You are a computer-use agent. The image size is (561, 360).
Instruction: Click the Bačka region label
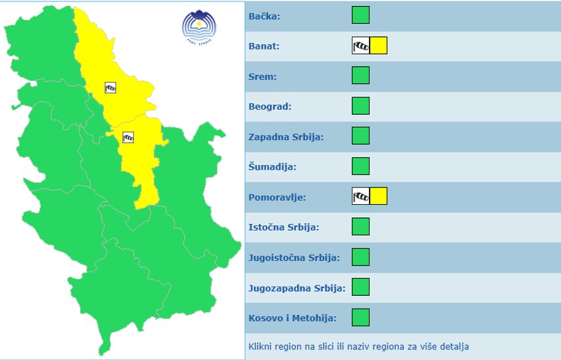pos(264,16)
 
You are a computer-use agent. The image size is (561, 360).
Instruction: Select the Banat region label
pos(264,46)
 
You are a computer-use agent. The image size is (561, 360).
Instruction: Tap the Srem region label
pos(263,77)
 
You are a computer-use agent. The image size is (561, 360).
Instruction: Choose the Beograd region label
pos(270,106)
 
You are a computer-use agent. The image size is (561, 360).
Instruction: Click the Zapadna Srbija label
pos(286,137)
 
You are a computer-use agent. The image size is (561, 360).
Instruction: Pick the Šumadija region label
pos(272,167)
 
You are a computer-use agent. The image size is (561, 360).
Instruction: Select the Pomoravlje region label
pos(277,198)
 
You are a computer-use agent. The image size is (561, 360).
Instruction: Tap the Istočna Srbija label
pos(284,227)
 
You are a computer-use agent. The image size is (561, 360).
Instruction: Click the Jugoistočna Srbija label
pos(294,258)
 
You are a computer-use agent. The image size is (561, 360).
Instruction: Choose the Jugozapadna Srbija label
pos(297,288)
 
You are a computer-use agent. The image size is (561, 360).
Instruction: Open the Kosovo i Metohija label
pos(292,318)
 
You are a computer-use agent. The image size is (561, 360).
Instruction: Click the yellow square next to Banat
pos(378,46)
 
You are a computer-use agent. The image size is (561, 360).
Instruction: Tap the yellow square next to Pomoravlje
pos(378,196)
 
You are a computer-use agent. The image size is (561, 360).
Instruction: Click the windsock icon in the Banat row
pos(360,46)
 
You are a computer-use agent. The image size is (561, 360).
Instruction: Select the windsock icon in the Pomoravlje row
pos(360,196)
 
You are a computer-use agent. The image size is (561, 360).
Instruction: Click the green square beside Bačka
pos(360,15)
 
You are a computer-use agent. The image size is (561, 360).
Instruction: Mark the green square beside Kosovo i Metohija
pos(360,318)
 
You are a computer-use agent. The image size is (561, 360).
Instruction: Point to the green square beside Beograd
pos(360,106)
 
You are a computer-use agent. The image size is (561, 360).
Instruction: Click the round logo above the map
pos(199,26)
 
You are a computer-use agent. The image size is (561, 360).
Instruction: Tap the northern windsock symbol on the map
pos(110,87)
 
